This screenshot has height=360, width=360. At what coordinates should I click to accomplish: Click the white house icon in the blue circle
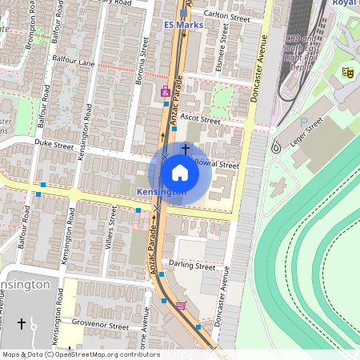point(180,173)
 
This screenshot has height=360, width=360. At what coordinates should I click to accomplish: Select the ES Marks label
point(183,25)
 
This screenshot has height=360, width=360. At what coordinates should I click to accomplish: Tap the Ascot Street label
point(199,118)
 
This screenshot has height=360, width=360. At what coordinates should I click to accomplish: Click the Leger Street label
point(308,130)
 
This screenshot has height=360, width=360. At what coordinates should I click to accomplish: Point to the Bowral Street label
point(217,164)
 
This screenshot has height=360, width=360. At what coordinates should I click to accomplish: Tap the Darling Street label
point(193,266)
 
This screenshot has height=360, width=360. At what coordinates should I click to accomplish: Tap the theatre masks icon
point(348,72)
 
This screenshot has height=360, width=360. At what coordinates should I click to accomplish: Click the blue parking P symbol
point(303,122)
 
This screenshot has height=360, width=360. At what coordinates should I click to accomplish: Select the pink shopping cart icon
point(181,305)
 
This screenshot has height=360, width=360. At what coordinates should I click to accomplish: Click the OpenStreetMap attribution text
point(81,354)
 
